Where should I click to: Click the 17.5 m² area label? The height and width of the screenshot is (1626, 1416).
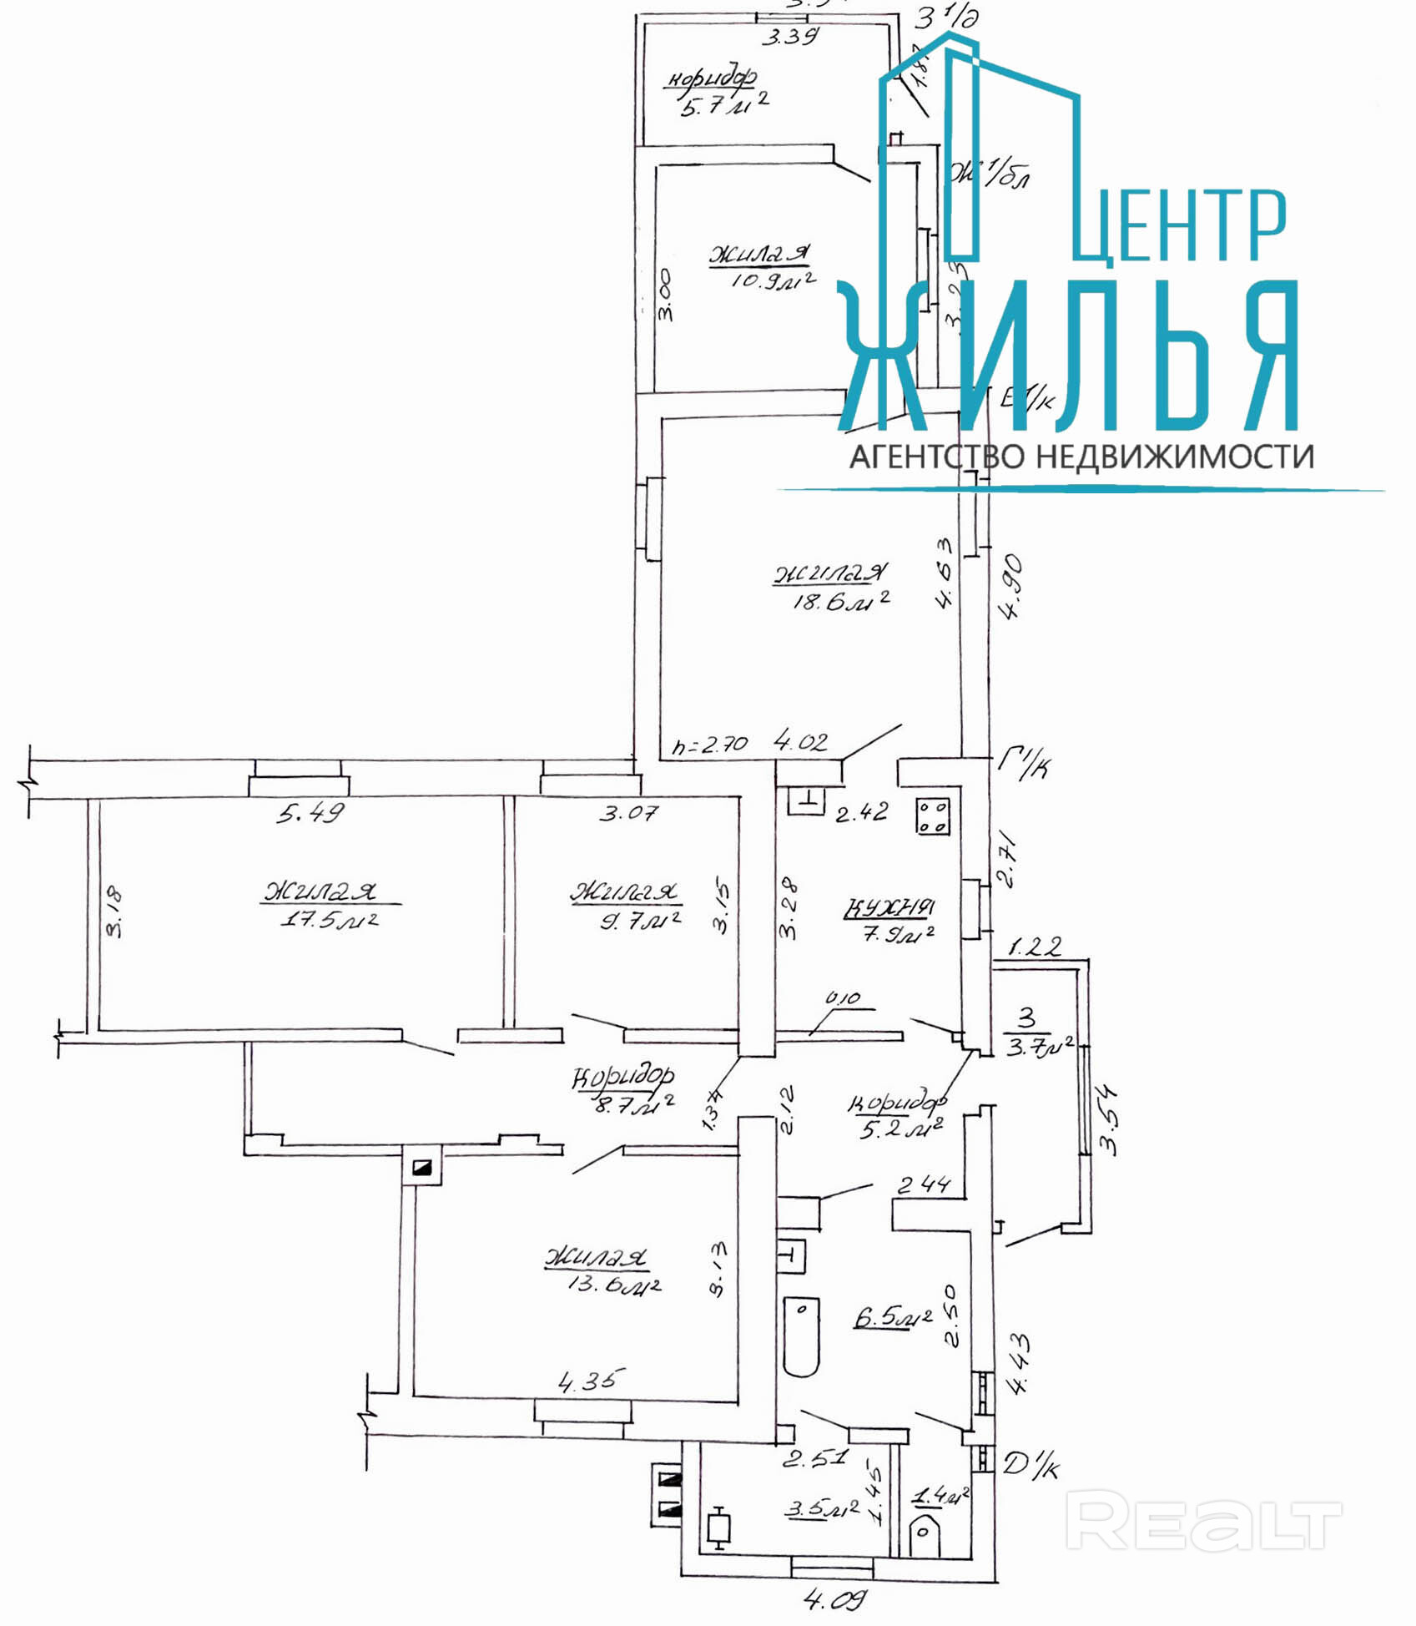(330, 920)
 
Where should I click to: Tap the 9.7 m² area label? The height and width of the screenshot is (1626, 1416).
(640, 920)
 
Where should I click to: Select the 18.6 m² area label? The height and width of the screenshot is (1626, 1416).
(839, 599)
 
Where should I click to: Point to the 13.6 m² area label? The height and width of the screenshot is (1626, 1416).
(613, 1284)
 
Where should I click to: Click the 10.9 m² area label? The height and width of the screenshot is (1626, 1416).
(773, 280)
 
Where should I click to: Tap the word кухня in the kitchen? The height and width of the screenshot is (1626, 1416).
(889, 906)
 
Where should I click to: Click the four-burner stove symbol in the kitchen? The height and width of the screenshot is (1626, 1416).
(933, 816)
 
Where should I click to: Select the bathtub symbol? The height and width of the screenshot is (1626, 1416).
(802, 1336)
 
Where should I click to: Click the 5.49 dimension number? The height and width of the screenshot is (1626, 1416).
(310, 812)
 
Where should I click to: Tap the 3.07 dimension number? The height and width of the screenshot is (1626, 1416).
(627, 811)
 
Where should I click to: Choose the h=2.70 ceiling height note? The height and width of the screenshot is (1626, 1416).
(711, 745)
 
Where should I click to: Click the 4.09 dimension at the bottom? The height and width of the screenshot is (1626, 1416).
(834, 1599)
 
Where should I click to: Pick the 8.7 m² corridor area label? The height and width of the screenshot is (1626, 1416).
(633, 1106)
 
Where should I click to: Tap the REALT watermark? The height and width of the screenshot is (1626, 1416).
(1203, 1524)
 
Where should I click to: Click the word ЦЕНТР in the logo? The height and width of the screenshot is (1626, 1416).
(1179, 226)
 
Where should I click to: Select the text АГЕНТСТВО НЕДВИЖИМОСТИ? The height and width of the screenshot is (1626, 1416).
(1081, 457)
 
